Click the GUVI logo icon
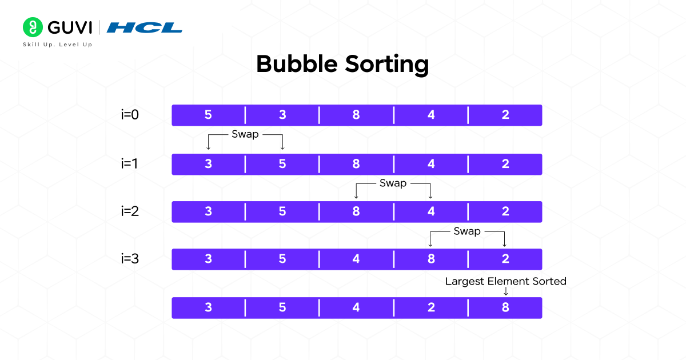[33, 27]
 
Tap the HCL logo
[145, 27]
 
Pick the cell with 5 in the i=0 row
[208, 115]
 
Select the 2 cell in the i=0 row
[505, 115]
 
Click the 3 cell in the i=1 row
[208, 164]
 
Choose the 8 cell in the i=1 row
[356, 164]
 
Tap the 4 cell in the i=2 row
[430, 212]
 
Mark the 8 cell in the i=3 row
[430, 259]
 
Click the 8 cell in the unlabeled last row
[505, 308]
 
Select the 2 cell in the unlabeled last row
[430, 308]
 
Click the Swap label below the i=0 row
[245, 135]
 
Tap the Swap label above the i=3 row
[467, 231]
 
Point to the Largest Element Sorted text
[505, 281]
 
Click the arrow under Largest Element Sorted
[505, 291]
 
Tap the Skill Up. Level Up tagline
[57, 44]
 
